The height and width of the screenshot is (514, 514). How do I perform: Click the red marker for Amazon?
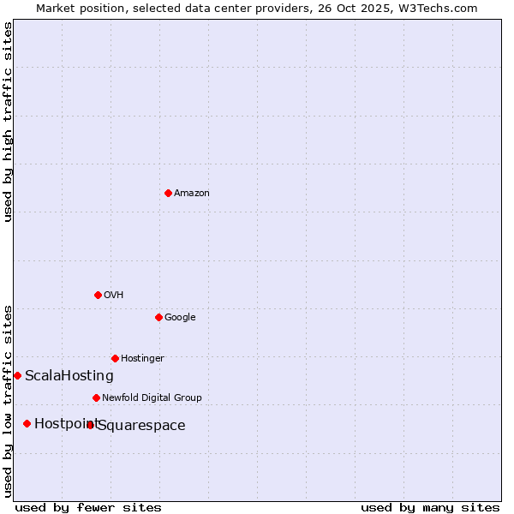click(x=168, y=193)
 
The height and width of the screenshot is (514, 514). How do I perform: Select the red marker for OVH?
click(x=98, y=295)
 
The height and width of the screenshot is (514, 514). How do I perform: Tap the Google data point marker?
click(x=158, y=317)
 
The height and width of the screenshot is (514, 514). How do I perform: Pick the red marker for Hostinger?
click(x=115, y=358)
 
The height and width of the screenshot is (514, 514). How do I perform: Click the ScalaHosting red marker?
click(x=17, y=375)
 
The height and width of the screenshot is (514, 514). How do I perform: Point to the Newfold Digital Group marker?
click(x=96, y=397)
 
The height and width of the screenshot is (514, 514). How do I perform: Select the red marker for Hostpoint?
click(x=27, y=423)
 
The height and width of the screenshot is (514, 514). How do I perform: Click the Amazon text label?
click(x=191, y=194)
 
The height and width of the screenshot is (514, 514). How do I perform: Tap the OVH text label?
click(x=113, y=296)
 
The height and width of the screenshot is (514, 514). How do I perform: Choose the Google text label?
click(x=180, y=318)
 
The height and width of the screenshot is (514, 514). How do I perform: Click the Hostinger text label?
click(x=142, y=359)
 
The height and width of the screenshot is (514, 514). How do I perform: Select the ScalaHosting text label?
click(x=69, y=376)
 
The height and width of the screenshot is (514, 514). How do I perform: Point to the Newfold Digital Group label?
click(x=152, y=398)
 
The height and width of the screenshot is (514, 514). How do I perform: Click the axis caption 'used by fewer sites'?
click(x=88, y=508)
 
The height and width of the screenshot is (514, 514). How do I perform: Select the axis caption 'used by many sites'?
click(x=430, y=508)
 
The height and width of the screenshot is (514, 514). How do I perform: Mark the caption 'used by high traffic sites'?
click(x=9, y=122)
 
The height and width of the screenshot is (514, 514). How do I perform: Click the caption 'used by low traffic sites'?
click(x=9, y=401)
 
